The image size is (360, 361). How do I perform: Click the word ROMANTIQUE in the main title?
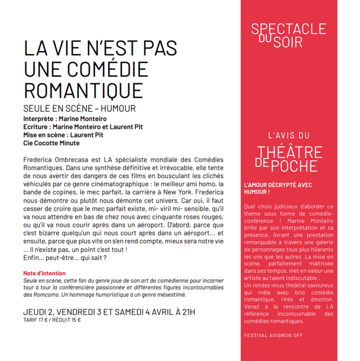click(82, 90)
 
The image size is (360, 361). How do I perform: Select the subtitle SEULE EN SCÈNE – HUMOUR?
click(79, 109)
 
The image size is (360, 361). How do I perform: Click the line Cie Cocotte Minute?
click(51, 143)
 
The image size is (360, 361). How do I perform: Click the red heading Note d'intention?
click(44, 273)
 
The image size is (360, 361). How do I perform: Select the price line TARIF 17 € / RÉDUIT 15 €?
click(52, 320)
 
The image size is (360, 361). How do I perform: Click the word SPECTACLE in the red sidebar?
click(288, 29)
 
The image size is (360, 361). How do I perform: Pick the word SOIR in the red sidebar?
click(288, 42)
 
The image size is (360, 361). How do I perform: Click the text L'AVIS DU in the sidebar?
click(289, 135)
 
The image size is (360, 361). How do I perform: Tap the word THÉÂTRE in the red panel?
click(290, 152)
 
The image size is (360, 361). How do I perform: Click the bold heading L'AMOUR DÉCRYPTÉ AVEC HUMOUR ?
click(278, 188)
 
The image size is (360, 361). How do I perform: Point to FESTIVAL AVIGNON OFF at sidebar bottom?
click(274, 336)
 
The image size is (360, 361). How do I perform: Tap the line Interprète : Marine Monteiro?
click(65, 119)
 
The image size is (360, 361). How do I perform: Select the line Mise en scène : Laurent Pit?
click(63, 135)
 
